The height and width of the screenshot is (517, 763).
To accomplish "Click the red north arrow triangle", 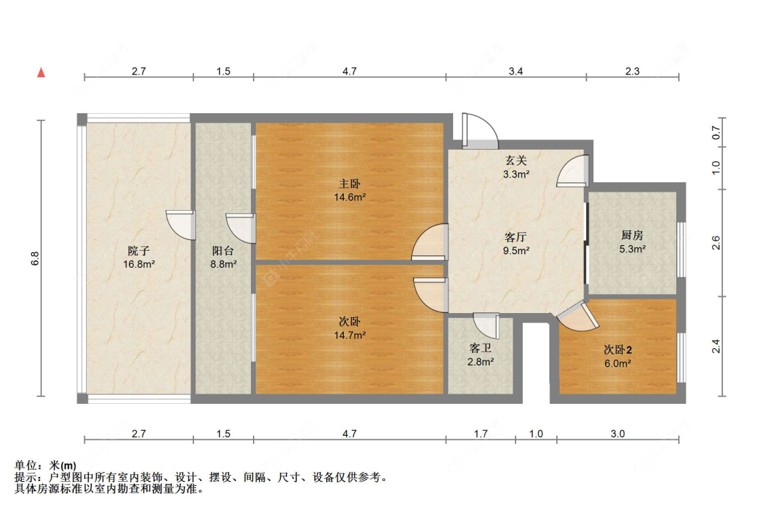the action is [x=41, y=73].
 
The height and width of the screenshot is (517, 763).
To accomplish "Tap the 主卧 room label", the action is [x=349, y=184].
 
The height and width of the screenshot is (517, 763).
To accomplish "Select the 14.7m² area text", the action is [x=349, y=335].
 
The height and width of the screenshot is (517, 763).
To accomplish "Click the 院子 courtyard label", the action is [x=138, y=251].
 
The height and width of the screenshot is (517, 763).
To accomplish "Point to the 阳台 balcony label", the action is [x=223, y=251].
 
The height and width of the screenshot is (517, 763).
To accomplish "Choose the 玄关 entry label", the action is [x=516, y=161].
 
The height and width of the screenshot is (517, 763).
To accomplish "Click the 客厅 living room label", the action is [x=516, y=237].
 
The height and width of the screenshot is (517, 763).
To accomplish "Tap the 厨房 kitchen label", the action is [x=632, y=235].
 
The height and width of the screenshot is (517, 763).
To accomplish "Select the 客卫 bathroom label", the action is [x=480, y=348].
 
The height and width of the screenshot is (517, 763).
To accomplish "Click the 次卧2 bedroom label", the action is [x=617, y=350].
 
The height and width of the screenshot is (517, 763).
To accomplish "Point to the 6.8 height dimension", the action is [x=35, y=258].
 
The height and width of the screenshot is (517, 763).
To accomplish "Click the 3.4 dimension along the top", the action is [x=516, y=72].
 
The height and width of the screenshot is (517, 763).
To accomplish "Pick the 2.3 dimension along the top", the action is [x=632, y=72].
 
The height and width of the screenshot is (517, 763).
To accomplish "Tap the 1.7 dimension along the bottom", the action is [x=480, y=434].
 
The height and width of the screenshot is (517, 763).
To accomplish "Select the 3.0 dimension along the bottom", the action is [x=617, y=434].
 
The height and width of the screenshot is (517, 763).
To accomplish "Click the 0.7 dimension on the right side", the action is [x=716, y=132].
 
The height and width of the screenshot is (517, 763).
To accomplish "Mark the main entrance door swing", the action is [x=480, y=130].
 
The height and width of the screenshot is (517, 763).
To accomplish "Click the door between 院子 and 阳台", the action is [x=180, y=225].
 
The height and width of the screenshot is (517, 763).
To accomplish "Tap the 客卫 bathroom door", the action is [x=486, y=325].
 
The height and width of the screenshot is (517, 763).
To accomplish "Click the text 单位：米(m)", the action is [x=45, y=466].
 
